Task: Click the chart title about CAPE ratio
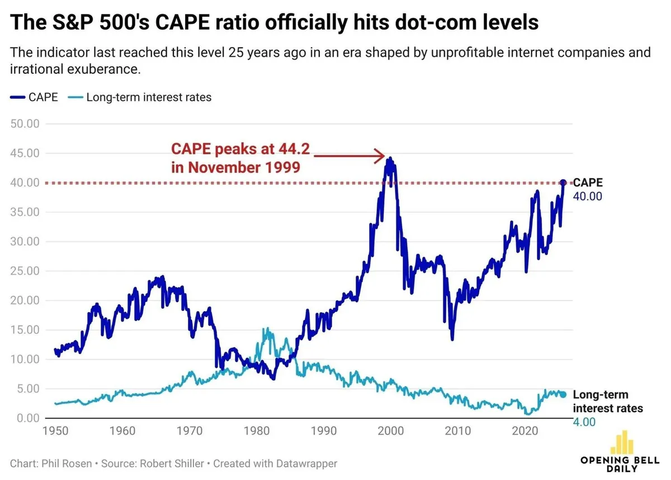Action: coord(275,23)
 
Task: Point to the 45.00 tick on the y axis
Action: coord(25,153)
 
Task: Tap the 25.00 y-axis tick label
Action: coord(25,271)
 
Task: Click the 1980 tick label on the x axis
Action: coord(257,431)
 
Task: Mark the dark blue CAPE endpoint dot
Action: coord(563,183)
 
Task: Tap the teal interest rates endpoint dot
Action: coord(563,394)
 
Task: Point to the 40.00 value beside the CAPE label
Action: coord(587,196)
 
